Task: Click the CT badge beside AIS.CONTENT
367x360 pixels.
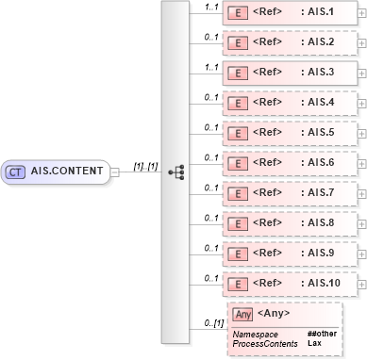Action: point(16,172)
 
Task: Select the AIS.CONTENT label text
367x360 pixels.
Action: point(65,172)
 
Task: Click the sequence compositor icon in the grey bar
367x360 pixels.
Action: point(175,172)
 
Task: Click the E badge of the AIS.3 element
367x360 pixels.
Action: point(240,73)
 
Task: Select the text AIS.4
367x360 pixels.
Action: point(318,103)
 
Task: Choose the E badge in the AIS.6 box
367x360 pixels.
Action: point(240,163)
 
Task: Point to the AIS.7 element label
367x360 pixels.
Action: point(318,193)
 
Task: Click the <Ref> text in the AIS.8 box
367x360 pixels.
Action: point(270,223)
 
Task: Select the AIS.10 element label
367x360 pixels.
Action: point(321,284)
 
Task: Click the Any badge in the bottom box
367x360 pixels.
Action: point(242,314)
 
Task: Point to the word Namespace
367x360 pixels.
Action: point(255,334)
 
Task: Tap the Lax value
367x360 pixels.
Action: point(313,343)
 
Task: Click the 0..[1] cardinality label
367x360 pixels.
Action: point(212,324)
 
